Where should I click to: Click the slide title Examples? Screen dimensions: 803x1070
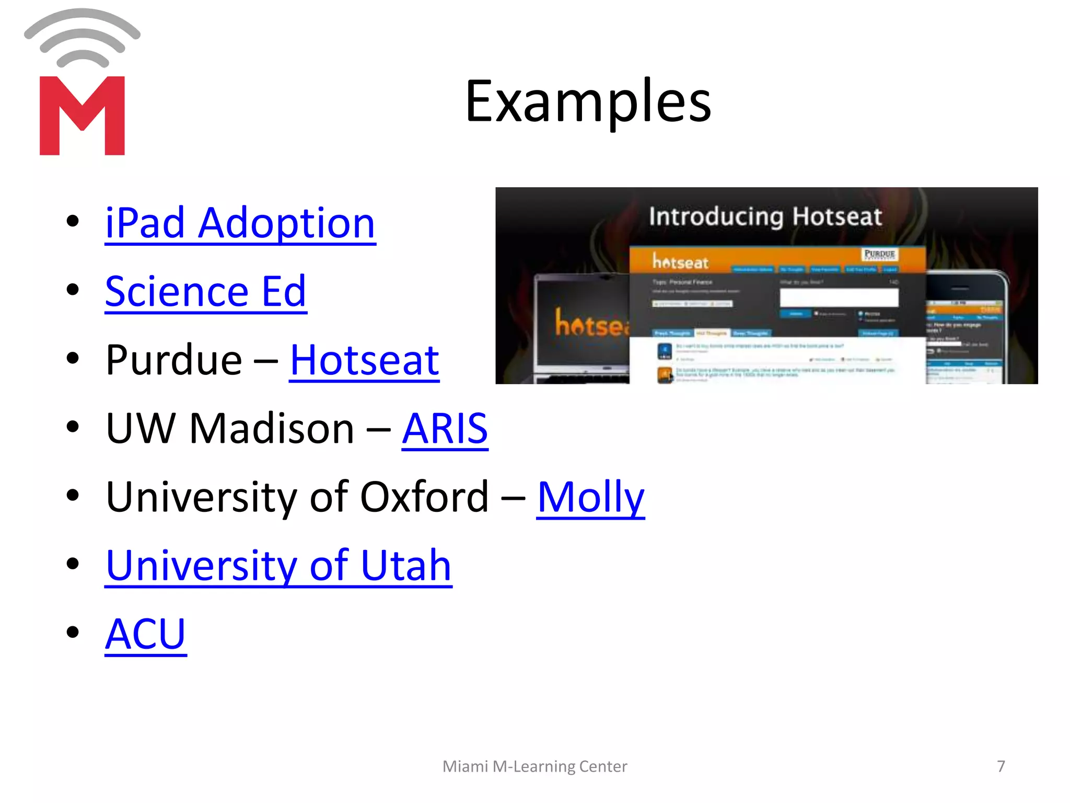point(588,101)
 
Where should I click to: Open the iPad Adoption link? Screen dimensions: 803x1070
point(240,224)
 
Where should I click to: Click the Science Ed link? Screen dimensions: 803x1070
point(205,292)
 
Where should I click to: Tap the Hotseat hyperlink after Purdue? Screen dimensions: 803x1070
point(364,361)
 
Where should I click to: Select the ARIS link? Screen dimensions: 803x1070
point(445,429)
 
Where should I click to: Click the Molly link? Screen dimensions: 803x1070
point(590,497)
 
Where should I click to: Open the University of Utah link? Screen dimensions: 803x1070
point(278,566)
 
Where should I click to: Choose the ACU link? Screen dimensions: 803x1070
point(145,634)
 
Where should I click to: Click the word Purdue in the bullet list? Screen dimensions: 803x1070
point(173,361)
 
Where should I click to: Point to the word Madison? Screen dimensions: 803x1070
point(272,429)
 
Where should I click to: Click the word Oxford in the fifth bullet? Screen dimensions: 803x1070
point(424,497)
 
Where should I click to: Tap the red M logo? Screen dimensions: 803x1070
point(82,116)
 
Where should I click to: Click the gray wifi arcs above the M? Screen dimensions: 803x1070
point(82,37)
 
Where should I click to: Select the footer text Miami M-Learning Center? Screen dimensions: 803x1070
point(534,766)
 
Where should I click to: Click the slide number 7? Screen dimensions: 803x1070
point(1001,766)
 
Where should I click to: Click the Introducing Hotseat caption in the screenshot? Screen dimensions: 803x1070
point(765,216)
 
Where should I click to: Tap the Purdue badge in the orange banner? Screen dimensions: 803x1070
point(879,254)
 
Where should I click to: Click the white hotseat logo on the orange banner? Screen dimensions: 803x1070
point(680,261)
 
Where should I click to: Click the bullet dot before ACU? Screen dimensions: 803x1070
point(73,633)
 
